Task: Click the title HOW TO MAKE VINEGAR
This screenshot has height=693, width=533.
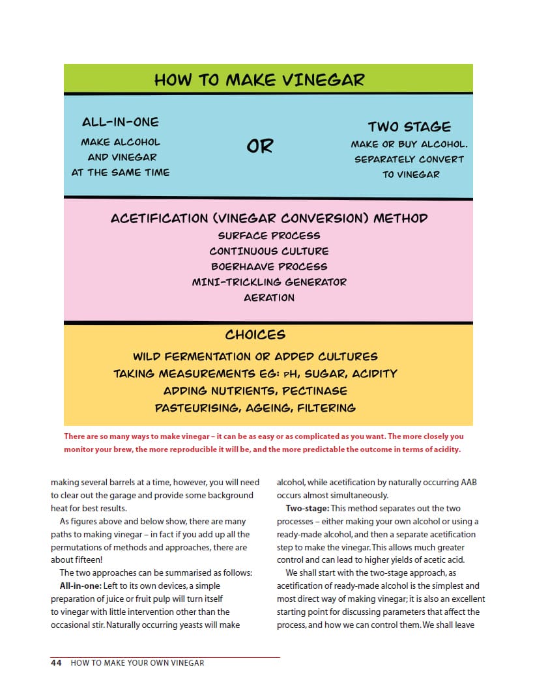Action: (x=259, y=79)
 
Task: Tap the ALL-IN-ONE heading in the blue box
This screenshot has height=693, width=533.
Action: (x=120, y=122)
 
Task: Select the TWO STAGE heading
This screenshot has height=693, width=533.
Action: (x=409, y=126)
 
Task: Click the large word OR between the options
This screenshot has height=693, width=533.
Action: (x=259, y=147)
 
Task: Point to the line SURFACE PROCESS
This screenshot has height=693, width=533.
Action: (x=269, y=235)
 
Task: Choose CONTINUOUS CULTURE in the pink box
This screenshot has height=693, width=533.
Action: (x=269, y=251)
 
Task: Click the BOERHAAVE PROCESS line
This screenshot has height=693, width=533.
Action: (x=269, y=266)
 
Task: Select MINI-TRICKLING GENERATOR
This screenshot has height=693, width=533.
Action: (x=269, y=282)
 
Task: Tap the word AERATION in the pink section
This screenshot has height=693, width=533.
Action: (x=269, y=298)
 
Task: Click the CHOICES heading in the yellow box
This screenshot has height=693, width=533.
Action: (x=255, y=335)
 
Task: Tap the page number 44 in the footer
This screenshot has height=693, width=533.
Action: (x=56, y=663)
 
